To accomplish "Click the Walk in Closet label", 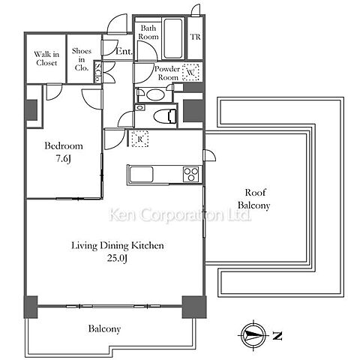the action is click(46, 58).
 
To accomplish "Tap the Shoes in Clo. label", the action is click(82, 59).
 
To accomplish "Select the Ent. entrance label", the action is click(124, 51).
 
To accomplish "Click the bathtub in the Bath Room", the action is click(172, 37).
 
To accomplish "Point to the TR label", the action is click(196, 37).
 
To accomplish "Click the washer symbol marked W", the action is click(190, 72).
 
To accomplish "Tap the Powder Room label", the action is click(167, 73).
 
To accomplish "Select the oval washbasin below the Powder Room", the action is click(154, 94).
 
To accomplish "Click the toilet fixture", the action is click(165, 116).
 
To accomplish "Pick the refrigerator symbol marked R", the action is click(140, 139).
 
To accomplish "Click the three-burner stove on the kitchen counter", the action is click(191, 174).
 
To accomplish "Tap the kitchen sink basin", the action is click(141, 174).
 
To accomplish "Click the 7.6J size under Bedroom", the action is click(63, 158).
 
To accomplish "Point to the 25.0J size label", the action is click(118, 258).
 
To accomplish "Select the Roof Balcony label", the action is click(254, 199).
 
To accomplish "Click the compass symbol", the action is click(253, 334).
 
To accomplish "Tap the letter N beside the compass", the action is click(277, 335).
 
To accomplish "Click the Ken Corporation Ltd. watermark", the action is click(180, 214).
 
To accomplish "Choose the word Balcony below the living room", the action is click(104, 328).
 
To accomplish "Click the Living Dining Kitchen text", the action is click(118, 245).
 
